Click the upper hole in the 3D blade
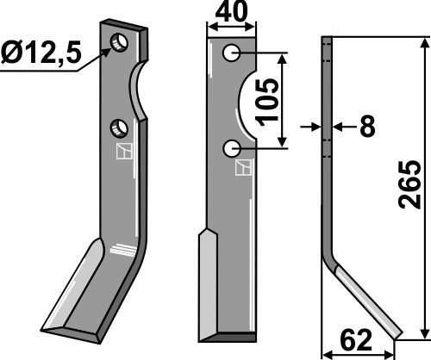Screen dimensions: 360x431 (x=119, y=41)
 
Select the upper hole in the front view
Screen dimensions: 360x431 (x=231, y=54)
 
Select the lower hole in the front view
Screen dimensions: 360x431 (x=231, y=149)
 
